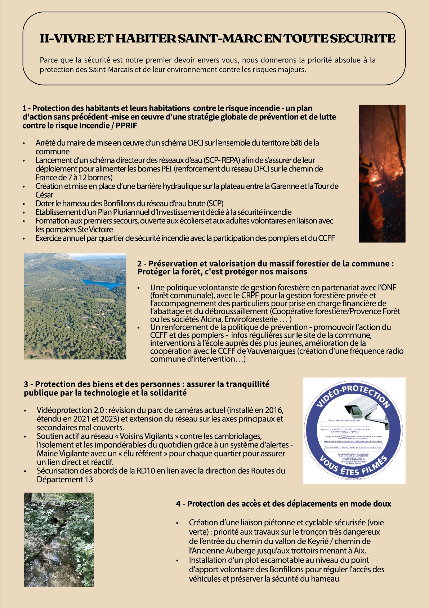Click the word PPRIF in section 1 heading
click(x=126, y=126)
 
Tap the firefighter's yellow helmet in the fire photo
click(x=365, y=161)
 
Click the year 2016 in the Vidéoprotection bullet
click(x=274, y=410)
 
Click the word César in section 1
click(x=44, y=195)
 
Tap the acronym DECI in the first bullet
click(x=196, y=143)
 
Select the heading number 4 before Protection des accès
click(x=178, y=504)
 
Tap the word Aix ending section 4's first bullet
click(x=360, y=551)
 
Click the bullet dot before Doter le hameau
click(x=24, y=204)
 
